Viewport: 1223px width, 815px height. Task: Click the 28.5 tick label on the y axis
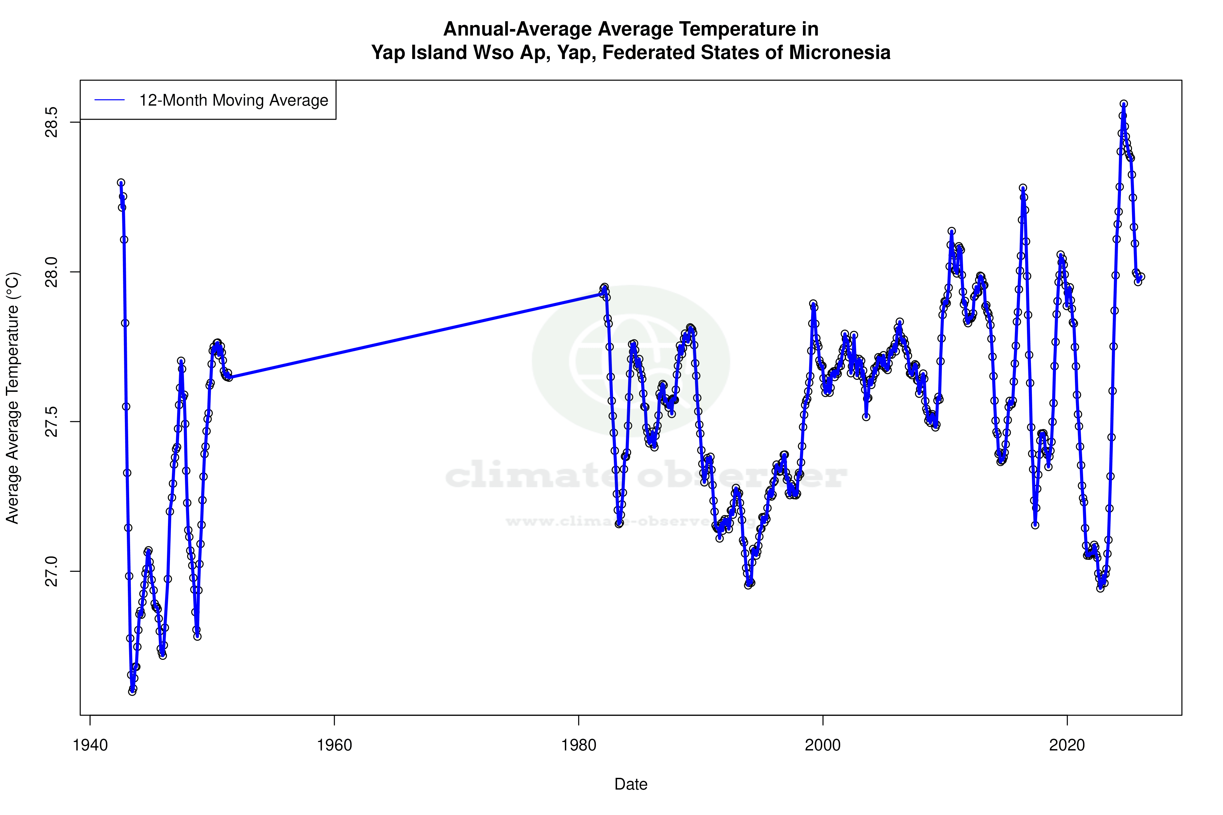point(52,122)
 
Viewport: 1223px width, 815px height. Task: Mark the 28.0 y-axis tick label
point(52,272)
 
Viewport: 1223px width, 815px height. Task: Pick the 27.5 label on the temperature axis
point(52,422)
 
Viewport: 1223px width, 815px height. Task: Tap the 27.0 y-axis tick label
point(52,571)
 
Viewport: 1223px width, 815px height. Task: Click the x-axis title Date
point(631,784)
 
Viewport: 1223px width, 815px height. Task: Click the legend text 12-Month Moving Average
point(234,100)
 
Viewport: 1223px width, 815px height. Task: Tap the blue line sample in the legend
point(109,100)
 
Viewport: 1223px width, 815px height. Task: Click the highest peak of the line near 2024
point(1124,104)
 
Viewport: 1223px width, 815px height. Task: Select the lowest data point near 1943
point(132,691)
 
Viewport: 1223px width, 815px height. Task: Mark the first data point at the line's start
point(121,183)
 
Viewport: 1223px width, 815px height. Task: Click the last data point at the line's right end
point(1141,277)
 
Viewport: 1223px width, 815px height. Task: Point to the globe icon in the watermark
point(631,361)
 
